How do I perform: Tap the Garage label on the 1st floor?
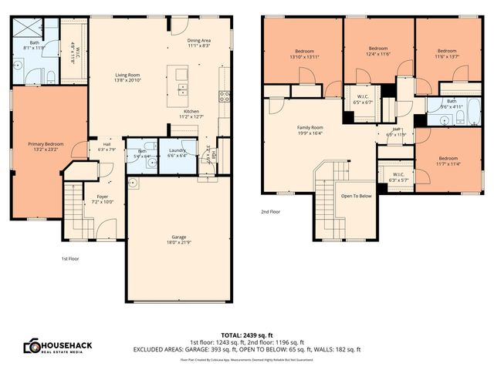pyautogui.click(x=179, y=236)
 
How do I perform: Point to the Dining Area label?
pyautogui.click(x=199, y=40)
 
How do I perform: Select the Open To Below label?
pyautogui.click(x=357, y=196)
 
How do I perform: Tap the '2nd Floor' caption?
pyautogui.click(x=271, y=210)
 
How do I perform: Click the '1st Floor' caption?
pyautogui.click(x=69, y=258)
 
